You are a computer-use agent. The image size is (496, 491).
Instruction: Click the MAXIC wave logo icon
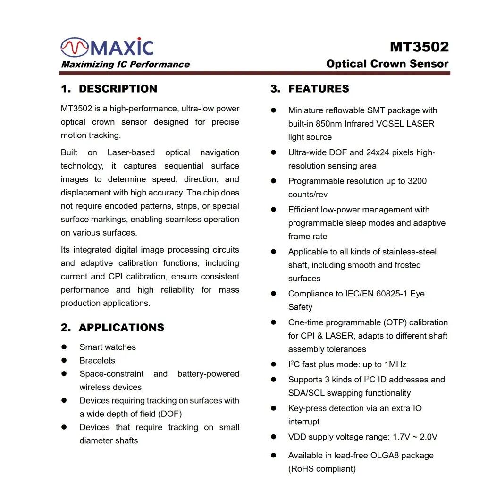75,47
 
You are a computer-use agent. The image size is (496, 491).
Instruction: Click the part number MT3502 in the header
419,47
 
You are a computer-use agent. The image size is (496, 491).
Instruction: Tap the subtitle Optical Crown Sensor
387,64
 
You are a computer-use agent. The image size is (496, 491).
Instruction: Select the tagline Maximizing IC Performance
125,64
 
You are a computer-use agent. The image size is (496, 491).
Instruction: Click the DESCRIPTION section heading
118,89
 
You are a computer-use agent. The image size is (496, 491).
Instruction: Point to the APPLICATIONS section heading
121,328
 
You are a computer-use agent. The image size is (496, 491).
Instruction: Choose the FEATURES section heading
319,89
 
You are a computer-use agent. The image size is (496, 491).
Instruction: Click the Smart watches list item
108,347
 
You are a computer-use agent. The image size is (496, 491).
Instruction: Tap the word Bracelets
97,360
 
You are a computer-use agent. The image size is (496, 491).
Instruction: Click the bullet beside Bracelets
64,360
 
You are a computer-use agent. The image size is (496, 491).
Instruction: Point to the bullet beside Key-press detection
273,408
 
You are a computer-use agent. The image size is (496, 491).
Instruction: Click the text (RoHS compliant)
322,469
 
